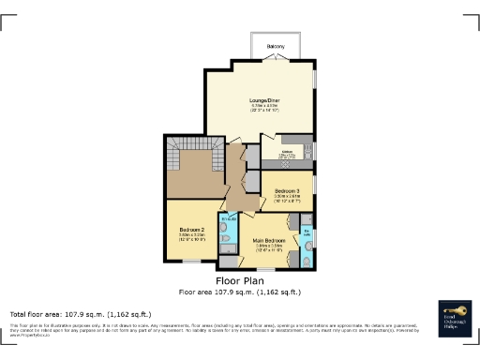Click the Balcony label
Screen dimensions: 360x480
click(x=275, y=45)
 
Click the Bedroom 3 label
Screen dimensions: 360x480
click(x=288, y=190)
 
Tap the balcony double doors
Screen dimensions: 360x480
click(x=275, y=59)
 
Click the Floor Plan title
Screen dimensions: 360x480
click(x=240, y=280)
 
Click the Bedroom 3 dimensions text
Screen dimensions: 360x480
click(x=288, y=199)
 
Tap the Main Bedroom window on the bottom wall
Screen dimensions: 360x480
click(x=264, y=269)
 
